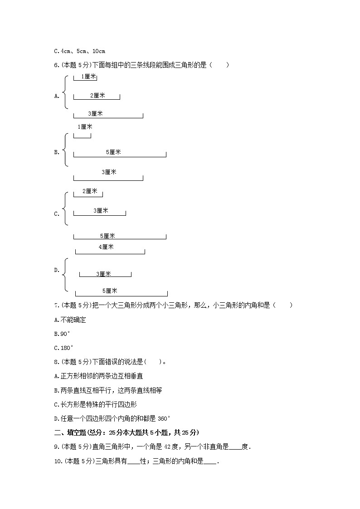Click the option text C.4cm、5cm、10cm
(79, 51)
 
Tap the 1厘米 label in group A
(88, 77)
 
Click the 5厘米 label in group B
(113, 152)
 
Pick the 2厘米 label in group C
(90, 191)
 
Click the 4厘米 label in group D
(106, 247)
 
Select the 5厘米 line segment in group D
(121, 296)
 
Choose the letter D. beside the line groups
(57, 270)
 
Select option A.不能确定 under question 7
(70, 320)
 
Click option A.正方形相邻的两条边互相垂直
(98, 376)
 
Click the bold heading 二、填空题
(69, 432)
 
